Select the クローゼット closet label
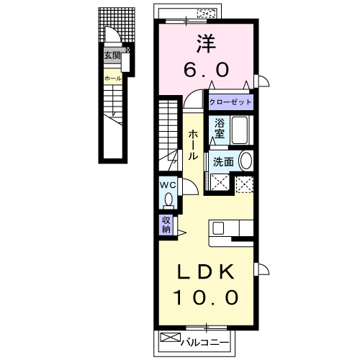230,103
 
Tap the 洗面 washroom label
222,162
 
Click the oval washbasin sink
246,161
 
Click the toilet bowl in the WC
168,197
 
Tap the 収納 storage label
166,225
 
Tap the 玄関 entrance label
112,55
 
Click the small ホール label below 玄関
112,78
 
